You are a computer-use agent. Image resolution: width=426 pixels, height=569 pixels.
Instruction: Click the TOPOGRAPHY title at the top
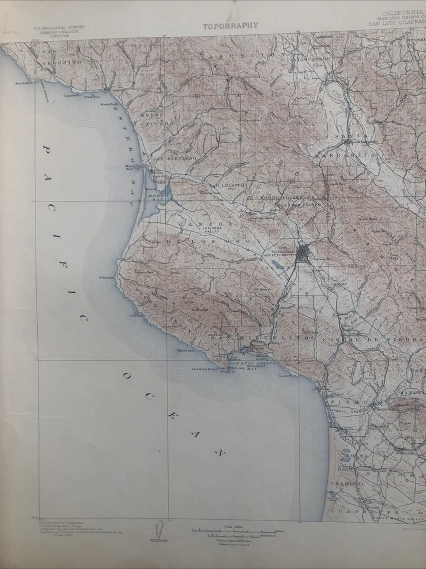(230, 26)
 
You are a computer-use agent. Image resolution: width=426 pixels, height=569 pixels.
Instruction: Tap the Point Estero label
(24, 84)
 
